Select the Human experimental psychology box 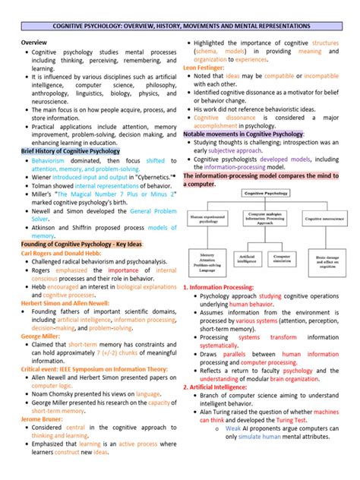211,219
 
